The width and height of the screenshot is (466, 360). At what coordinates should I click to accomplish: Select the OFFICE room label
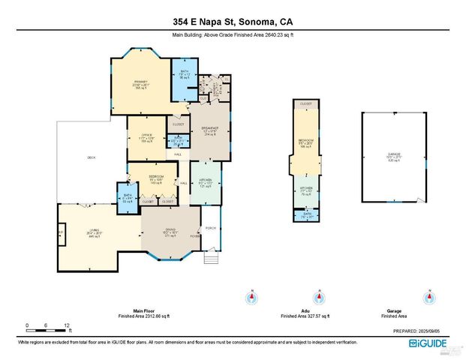point(147,135)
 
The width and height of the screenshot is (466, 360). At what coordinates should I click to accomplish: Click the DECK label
point(91,157)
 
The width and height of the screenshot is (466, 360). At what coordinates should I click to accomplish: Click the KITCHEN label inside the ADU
point(306,190)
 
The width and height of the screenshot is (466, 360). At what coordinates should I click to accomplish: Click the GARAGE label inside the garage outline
point(394,154)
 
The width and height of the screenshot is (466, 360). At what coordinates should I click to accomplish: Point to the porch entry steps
point(212,253)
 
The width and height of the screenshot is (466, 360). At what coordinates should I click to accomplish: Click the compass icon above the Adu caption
point(320,297)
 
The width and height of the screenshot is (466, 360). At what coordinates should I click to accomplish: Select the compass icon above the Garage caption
point(428,297)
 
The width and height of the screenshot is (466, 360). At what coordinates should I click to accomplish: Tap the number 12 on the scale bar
point(67,324)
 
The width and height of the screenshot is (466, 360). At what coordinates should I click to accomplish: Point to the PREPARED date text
point(423,330)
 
